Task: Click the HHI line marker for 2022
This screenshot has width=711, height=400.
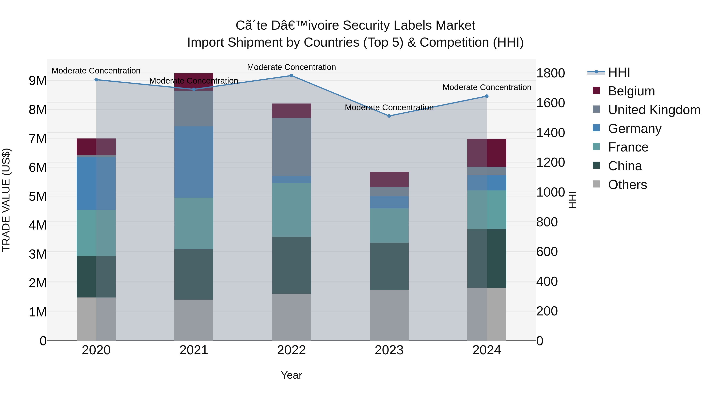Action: coord(292,75)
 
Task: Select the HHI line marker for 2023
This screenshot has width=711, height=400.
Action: coord(389,116)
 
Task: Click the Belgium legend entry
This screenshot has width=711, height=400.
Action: coord(631,91)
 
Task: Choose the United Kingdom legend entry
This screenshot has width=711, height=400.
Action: coord(654,110)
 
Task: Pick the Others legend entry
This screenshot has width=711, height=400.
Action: coord(627,185)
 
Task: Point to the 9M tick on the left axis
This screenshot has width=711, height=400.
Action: coord(38,81)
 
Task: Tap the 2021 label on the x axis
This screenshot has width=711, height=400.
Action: coord(194,350)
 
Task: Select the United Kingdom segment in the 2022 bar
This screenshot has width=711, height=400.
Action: coord(292,147)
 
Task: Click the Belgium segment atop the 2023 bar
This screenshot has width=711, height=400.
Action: coord(389,179)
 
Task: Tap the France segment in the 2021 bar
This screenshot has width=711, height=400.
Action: coord(194,223)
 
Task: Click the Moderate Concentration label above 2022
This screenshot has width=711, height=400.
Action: coord(292,67)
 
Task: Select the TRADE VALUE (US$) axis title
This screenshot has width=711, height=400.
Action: coord(6,200)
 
